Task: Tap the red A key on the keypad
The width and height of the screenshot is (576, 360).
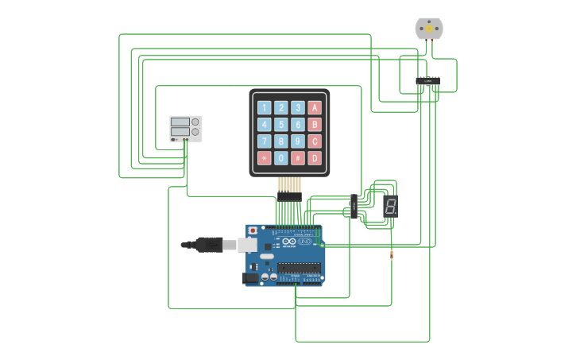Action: point(315,107)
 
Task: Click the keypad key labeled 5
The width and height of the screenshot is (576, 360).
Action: point(281,124)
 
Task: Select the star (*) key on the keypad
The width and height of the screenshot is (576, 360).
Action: point(264,157)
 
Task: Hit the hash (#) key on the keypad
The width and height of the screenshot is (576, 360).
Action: point(298,157)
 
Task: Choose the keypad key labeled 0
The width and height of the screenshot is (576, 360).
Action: point(281,157)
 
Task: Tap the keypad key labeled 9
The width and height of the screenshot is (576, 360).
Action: point(298,141)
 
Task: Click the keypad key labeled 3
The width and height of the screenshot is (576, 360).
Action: point(298,107)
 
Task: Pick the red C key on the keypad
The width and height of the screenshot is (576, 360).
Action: point(315,141)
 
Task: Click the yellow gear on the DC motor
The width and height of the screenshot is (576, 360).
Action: point(429,29)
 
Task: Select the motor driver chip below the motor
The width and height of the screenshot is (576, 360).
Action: point(428,81)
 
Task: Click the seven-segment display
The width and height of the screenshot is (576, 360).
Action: point(390,206)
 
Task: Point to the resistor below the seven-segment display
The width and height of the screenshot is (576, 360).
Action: point(392,254)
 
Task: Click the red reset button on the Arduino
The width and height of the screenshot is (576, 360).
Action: point(253,230)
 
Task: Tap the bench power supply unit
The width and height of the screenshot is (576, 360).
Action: point(186,129)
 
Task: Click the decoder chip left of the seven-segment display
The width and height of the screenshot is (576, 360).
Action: point(354,206)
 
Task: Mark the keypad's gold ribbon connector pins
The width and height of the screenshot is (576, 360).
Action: point(289,186)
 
